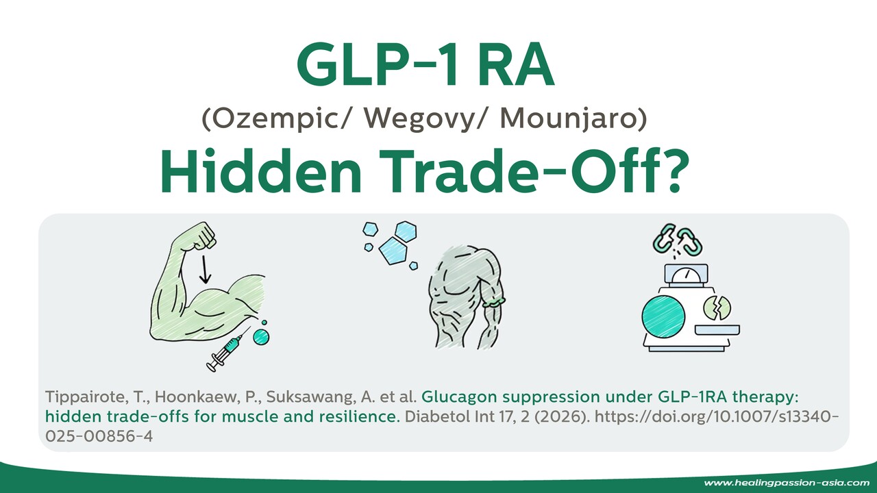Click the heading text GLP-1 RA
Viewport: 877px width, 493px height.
click(x=425, y=67)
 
